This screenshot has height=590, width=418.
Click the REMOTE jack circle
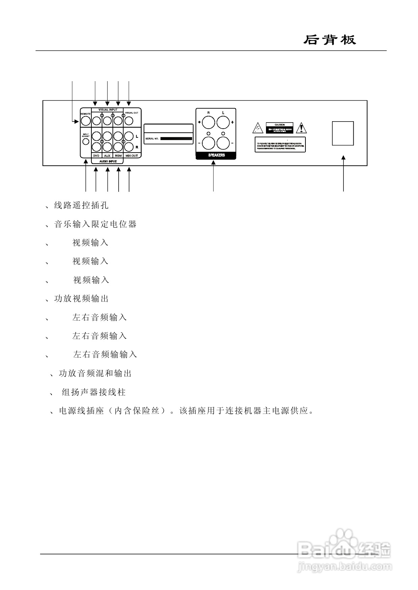pyautogui.click(x=86, y=121)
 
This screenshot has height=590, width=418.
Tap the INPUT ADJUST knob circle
pyautogui.click(x=86, y=141)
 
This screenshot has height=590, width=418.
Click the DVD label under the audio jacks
pyautogui.click(x=96, y=156)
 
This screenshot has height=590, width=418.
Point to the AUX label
pyautogui.click(x=107, y=156)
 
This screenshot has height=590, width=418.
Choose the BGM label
pyautogui.click(x=118, y=156)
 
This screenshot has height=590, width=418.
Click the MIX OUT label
pyautogui.click(x=131, y=156)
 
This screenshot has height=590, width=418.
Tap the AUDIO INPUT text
pyautogui.click(x=108, y=162)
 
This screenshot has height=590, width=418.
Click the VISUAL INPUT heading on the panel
pyautogui.click(x=108, y=110)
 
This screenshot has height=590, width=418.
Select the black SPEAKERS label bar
pyautogui.click(x=216, y=155)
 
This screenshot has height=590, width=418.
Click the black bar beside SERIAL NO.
pyautogui.click(x=176, y=138)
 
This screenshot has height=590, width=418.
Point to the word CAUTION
pyautogui.click(x=279, y=125)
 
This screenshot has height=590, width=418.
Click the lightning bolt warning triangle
pyautogui.click(x=258, y=128)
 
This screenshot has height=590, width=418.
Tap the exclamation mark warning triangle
pyautogui.click(x=302, y=128)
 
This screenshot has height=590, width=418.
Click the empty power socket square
pyautogui.click(x=343, y=133)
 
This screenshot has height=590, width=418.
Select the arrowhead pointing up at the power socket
pyautogui.click(x=344, y=158)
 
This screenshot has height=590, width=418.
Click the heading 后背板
pyautogui.click(x=329, y=40)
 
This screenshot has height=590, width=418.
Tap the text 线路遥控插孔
pyautogui.click(x=81, y=205)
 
